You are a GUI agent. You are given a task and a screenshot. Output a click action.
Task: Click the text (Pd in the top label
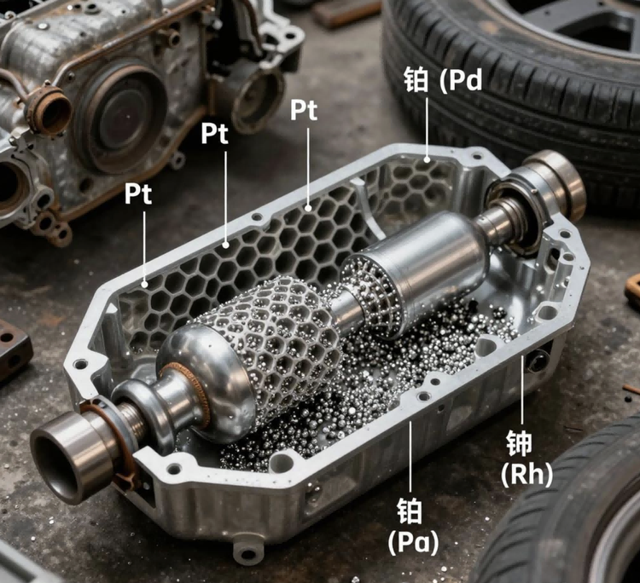461,82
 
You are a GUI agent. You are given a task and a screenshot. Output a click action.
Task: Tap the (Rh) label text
527,475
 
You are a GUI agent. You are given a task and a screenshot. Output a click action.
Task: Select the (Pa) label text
414,542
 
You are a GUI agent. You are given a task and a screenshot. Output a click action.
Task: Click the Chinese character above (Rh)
520,444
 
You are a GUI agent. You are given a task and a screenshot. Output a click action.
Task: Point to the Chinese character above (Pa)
410,511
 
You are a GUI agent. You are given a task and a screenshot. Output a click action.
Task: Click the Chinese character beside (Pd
416,80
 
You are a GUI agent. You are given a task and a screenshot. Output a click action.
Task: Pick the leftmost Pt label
138,193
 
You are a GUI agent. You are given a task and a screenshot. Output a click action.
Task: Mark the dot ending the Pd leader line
428,159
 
